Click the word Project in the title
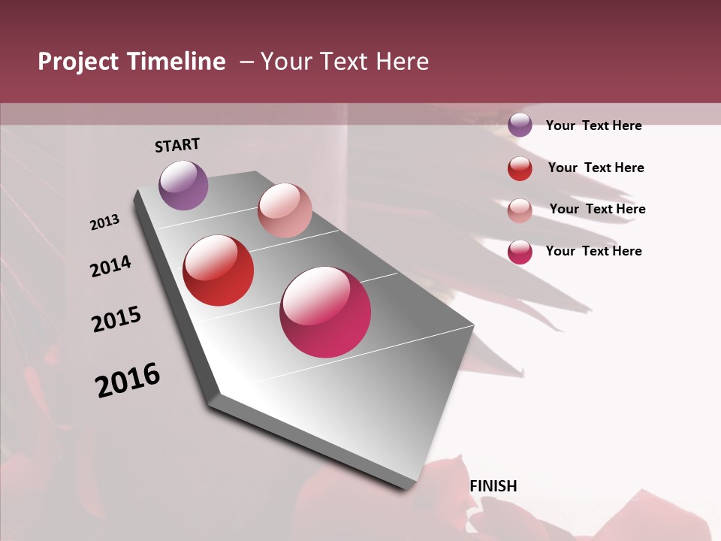(79, 62)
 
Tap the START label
(177, 145)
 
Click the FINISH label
(493, 486)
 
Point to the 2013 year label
(105, 222)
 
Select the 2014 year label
(111, 266)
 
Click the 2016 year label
(128, 380)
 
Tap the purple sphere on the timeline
(183, 185)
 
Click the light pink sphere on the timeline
(285, 210)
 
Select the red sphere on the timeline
(219, 270)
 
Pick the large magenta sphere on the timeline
(325, 312)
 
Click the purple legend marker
(520, 125)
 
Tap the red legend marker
(520, 168)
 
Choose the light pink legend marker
(520, 210)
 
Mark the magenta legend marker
(520, 252)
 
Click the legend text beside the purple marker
(593, 125)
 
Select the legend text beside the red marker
(596, 168)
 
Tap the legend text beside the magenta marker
(593, 251)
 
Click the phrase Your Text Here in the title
(344, 62)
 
